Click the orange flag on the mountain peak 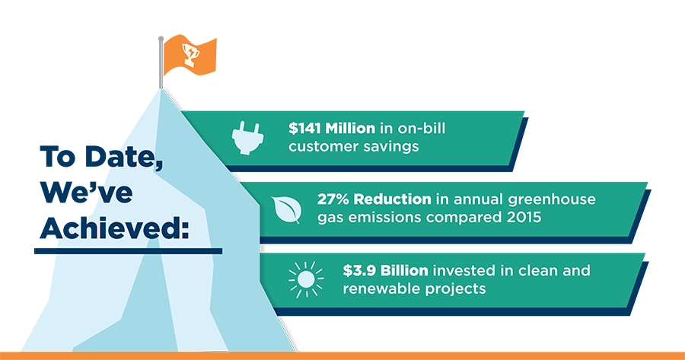tap(190, 55)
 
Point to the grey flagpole tap(161, 62)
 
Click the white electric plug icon tap(246, 137)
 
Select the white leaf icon tap(287, 209)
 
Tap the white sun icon tap(306, 279)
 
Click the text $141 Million tap(332, 129)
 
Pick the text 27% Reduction tap(374, 199)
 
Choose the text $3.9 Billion tap(385, 270)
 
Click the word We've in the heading tap(86, 192)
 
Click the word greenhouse tap(551, 200)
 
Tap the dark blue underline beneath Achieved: tap(129, 251)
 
